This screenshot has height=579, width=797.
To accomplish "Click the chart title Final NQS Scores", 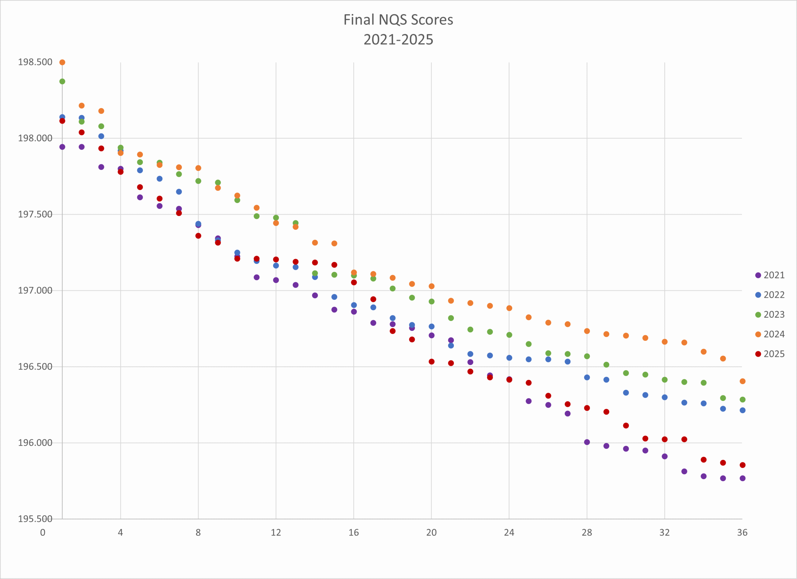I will pos(398,20).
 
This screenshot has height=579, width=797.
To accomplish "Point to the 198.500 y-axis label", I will pos(35,62).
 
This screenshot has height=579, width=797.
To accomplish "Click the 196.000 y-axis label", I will pos(35,443).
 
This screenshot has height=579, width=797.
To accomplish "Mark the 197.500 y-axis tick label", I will pos(35,214).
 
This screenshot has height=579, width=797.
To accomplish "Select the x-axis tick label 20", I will pos(431,533).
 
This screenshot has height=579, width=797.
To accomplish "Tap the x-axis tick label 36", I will pos(742,533).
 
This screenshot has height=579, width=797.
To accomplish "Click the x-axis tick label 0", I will pos(43,533).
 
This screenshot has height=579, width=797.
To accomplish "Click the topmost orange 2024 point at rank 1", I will pos(62,63).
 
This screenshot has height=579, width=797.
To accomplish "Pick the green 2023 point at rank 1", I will pos(62,82).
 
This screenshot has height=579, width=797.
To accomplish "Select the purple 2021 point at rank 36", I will pos(743,478).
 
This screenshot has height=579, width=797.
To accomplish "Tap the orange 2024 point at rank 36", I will pos(743,381).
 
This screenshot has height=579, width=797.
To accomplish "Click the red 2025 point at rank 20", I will pos(432,361).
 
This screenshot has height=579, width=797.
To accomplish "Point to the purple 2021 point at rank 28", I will pos(587,442).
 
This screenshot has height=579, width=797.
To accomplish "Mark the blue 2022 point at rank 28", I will pos(587,377).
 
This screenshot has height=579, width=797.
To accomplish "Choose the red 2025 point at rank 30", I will pos(626,426).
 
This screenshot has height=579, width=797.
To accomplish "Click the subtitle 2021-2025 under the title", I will pos(398,40).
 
